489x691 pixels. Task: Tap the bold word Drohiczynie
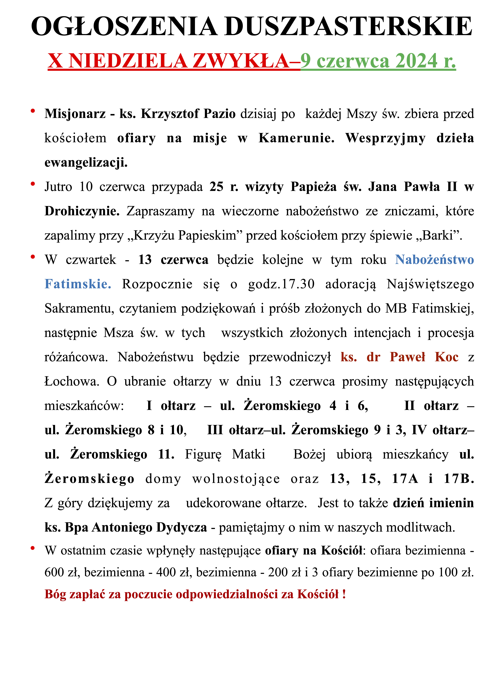82,211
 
